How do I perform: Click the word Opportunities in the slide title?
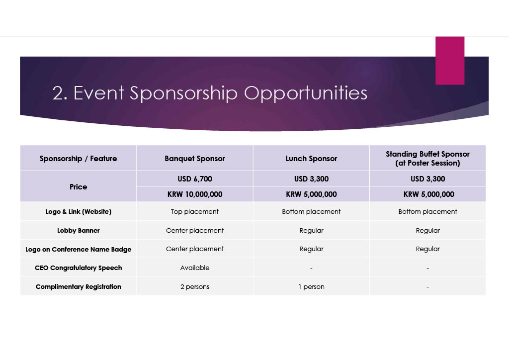[306, 93]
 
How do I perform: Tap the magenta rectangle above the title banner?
[450, 61]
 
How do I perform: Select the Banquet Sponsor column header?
[195, 159]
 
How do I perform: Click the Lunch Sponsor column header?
[311, 159]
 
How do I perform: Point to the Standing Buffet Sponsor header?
[427, 159]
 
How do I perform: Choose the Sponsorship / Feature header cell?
[78, 159]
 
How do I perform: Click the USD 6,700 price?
[195, 179]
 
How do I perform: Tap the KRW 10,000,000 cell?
[195, 194]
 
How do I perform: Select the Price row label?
[78, 186]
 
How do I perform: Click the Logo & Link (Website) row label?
[78, 212]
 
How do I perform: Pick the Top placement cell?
[195, 212]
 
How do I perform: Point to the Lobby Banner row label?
[78, 231]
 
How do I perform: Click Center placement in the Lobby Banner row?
[195, 231]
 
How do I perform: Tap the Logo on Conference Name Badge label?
[78, 249]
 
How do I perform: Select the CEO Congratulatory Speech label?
[78, 268]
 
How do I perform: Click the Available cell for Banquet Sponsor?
[195, 268]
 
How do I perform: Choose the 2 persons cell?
[195, 286]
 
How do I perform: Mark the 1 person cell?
[311, 286]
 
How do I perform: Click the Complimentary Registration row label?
[78, 286]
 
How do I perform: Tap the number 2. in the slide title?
[60, 93]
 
